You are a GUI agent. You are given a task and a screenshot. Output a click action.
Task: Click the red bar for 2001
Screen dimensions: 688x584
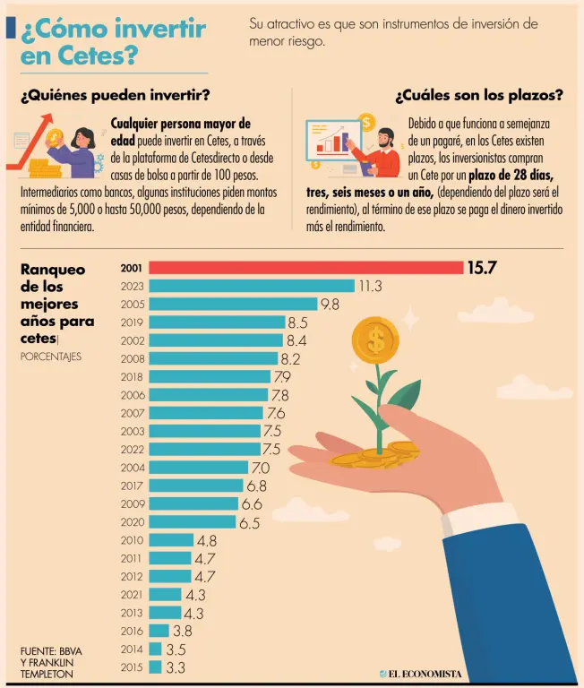tap(305, 267)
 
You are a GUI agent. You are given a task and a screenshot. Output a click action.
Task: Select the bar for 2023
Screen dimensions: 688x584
tap(252, 286)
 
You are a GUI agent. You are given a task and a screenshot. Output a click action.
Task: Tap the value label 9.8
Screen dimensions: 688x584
tap(330, 305)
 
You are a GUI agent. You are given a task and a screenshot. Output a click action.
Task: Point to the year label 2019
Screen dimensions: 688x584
tap(132, 322)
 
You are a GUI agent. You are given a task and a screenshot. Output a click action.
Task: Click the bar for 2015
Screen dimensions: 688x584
tap(155, 667)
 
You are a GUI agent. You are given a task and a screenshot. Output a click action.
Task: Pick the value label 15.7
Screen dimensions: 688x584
tap(481, 267)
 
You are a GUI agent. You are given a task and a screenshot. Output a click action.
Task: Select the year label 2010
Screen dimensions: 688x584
tap(132, 540)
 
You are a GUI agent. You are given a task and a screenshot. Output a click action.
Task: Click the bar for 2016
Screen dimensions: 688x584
tap(159, 631)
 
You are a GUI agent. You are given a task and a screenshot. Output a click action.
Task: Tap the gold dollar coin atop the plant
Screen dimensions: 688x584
tap(375, 340)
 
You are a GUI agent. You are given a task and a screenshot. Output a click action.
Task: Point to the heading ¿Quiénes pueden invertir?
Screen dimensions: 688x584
tap(115, 95)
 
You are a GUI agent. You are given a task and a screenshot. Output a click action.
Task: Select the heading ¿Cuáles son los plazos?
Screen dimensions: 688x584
tap(478, 95)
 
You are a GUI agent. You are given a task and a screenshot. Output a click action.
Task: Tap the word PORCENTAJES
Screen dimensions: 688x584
tap(50, 356)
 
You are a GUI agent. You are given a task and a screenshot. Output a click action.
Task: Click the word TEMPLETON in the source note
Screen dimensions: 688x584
tap(47, 673)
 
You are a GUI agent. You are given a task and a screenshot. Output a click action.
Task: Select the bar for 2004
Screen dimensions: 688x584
tap(198, 468)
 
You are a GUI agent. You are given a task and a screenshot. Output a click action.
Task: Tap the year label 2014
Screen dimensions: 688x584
tap(132, 649)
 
